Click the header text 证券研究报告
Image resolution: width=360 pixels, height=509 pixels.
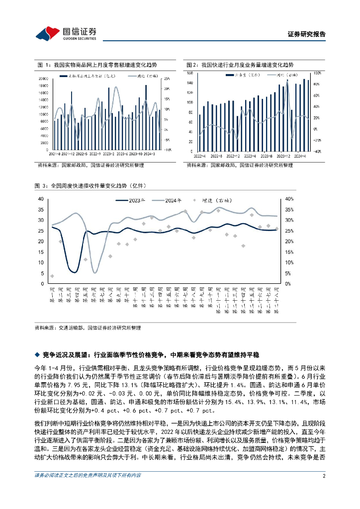point(307,35)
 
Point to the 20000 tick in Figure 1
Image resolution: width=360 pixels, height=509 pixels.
point(43,79)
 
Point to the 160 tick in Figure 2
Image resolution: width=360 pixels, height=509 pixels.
point(190,73)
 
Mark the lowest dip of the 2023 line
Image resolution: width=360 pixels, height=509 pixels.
point(73,272)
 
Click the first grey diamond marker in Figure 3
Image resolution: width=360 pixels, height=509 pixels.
point(52,276)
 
